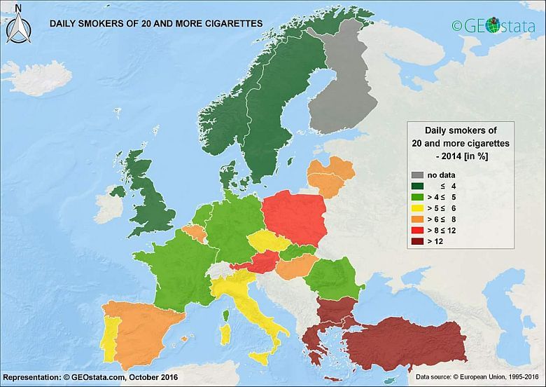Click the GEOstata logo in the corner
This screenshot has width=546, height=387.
click(x=493, y=25)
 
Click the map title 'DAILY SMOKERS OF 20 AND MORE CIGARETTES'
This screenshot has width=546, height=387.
click(x=155, y=23)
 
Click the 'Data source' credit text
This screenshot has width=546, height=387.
click(x=474, y=376)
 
